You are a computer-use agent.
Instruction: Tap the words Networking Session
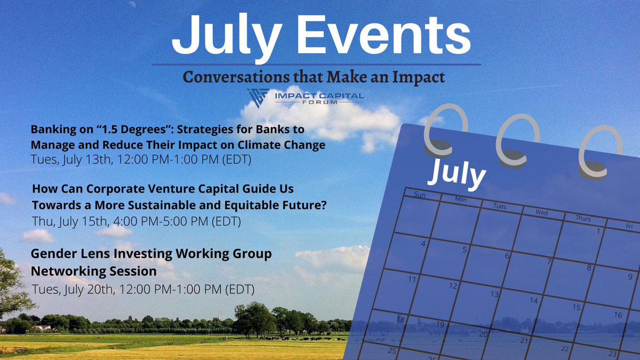click(x=94, y=271)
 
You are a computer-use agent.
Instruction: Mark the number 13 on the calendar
click(x=494, y=294)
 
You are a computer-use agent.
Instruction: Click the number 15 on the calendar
click(x=576, y=307)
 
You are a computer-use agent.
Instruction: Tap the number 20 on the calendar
click(x=483, y=334)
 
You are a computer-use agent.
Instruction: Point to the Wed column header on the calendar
click(x=542, y=212)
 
